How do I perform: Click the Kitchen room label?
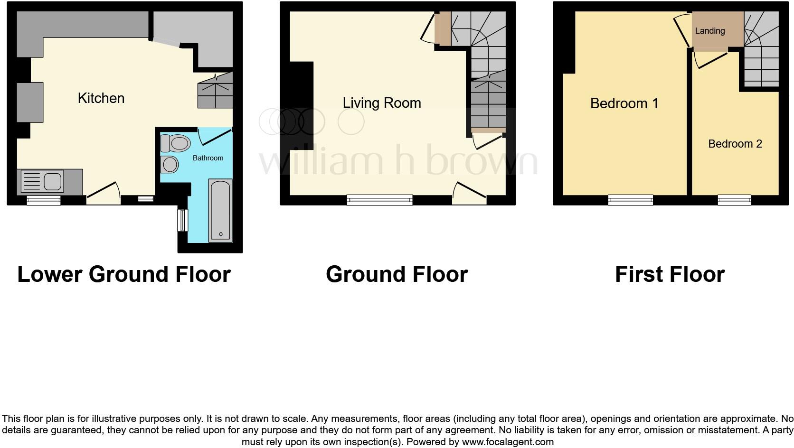tap(101, 98)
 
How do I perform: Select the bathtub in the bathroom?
tap(220, 211)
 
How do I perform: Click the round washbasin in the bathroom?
tap(169, 164)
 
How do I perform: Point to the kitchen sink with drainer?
tap(42, 181)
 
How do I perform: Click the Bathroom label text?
tap(208, 158)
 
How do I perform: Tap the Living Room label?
tap(382, 103)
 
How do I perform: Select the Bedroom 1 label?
tap(624, 103)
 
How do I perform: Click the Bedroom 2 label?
tap(735, 144)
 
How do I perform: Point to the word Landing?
tap(709, 31)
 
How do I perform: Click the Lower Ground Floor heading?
tap(124, 274)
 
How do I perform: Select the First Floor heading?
tap(670, 274)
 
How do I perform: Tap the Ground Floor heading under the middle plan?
tap(397, 274)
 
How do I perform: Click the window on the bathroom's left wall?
tap(182, 220)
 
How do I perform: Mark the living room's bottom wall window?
tap(379, 200)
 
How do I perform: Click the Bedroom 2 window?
tap(734, 200)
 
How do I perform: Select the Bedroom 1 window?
tap(631, 200)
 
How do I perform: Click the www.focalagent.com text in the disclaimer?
tap(508, 442)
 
